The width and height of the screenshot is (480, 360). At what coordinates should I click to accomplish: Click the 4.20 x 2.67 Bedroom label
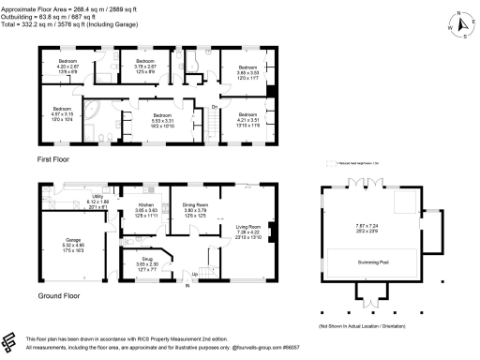(62, 65)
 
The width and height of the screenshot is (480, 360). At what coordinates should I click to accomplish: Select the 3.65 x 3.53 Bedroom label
(247, 67)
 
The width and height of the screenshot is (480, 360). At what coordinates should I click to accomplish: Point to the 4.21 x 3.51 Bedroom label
(247, 116)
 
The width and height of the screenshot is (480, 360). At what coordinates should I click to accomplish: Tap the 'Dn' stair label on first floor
(214, 107)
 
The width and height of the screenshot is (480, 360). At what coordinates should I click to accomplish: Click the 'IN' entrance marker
(195, 285)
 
